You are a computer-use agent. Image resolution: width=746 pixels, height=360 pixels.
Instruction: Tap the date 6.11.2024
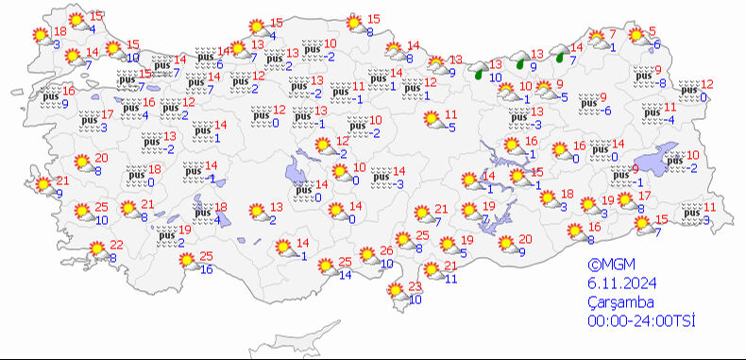pos(616,284)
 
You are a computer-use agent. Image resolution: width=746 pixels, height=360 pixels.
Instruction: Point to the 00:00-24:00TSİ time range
pos(639,321)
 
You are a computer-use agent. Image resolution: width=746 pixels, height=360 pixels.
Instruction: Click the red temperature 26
pos(386,251)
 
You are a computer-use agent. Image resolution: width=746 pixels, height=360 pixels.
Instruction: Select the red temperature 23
pos(414,287)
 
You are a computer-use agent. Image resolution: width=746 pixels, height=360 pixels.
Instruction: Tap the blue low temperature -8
pos(662,84)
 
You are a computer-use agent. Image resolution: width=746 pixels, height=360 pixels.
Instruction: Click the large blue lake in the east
pos(661,160)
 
